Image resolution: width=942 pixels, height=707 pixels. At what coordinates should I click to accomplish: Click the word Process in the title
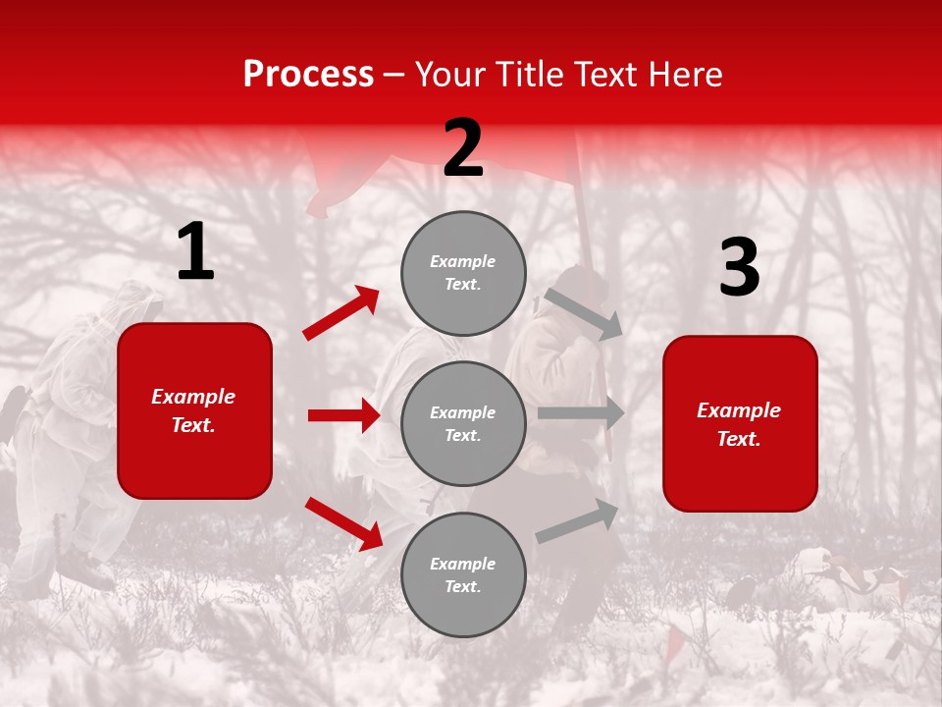click(308, 75)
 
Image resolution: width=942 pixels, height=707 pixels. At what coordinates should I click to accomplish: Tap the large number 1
click(195, 252)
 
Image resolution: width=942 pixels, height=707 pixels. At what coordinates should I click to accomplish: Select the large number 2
click(463, 148)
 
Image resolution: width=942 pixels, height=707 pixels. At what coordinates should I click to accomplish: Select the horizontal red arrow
click(343, 415)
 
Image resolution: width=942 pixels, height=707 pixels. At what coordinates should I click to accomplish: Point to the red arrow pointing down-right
click(343, 522)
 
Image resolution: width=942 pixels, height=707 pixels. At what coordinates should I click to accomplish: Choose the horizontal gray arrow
click(581, 412)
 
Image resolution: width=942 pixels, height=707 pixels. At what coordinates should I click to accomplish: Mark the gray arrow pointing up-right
click(578, 521)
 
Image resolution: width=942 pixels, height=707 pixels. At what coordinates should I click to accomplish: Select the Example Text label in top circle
click(463, 273)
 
